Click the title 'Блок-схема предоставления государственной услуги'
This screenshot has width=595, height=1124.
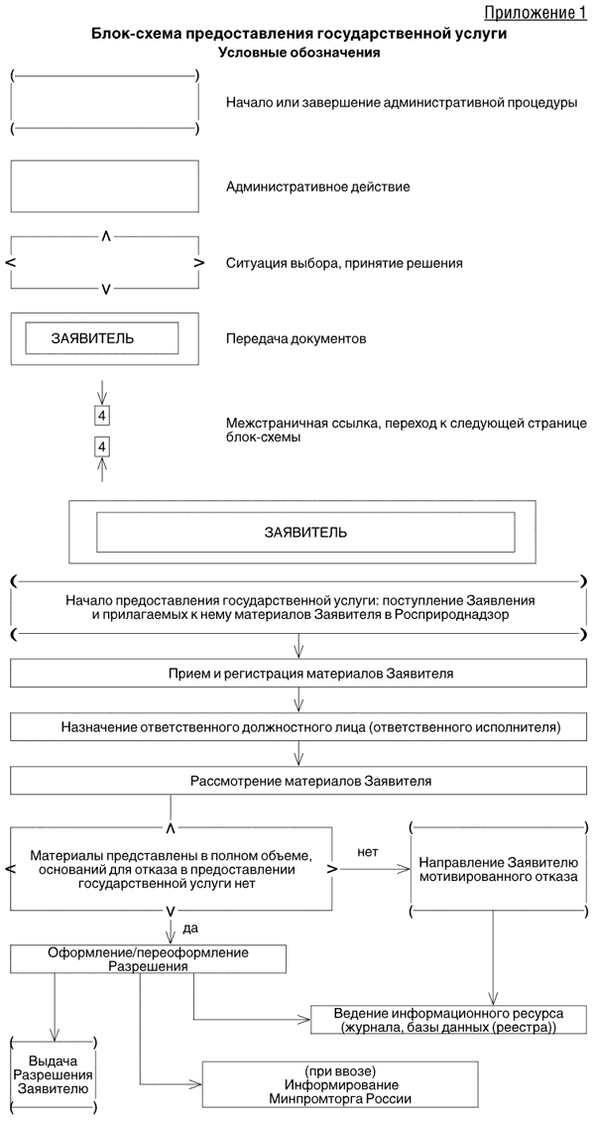(x=299, y=34)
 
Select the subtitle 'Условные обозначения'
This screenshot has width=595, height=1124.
(x=299, y=53)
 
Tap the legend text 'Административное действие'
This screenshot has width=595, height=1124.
(x=317, y=186)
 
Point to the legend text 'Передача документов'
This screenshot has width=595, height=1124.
(x=297, y=338)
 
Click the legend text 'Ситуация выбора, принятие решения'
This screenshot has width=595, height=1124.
(x=344, y=263)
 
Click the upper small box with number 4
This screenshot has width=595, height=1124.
(x=101, y=414)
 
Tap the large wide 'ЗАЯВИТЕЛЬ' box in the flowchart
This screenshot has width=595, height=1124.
(x=305, y=532)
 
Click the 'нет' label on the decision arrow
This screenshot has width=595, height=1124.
(x=367, y=850)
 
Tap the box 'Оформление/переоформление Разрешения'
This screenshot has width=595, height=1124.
(x=149, y=958)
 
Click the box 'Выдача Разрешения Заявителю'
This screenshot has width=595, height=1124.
(x=52, y=1074)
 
